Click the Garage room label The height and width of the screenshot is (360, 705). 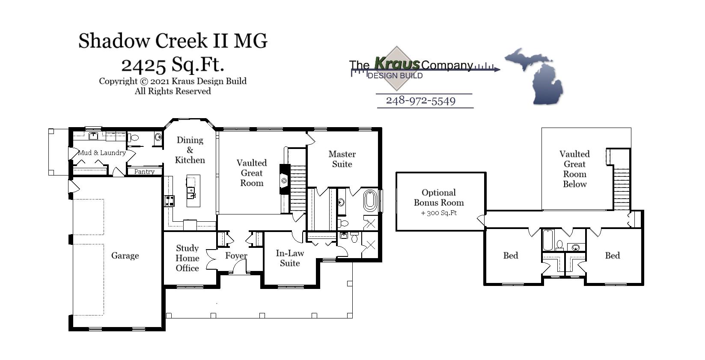click(x=125, y=256)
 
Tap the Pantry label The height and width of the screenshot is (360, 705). click(x=144, y=172)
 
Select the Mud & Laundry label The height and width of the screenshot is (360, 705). click(x=102, y=153)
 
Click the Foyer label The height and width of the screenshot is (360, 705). click(x=236, y=256)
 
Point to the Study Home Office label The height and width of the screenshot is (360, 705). click(x=187, y=258)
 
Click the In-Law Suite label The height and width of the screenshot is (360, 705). click(x=290, y=258)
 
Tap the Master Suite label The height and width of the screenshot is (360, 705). click(x=342, y=159)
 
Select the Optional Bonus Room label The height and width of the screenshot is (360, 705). click(x=439, y=198)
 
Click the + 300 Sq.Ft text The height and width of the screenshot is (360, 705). click(x=439, y=213)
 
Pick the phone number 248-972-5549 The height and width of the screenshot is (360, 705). click(x=421, y=101)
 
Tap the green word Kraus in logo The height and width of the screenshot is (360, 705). click(x=397, y=63)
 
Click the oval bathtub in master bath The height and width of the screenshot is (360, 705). click(x=370, y=201)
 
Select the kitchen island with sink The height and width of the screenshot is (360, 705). click(x=193, y=191)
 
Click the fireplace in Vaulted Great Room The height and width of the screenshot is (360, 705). click(x=284, y=179)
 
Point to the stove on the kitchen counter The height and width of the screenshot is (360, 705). click(x=170, y=200)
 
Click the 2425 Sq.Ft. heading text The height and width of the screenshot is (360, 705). click(x=173, y=65)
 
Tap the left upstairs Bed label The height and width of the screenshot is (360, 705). click(x=511, y=256)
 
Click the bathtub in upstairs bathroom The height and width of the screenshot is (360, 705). click(x=547, y=241)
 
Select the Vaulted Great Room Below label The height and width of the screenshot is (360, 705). click(x=574, y=169)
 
